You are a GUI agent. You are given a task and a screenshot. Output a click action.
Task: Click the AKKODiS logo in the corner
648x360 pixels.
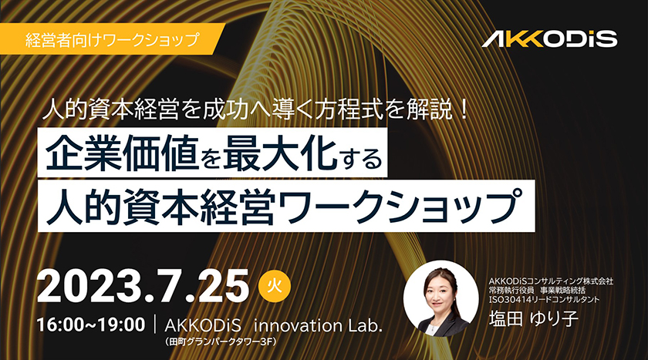coord(549,39)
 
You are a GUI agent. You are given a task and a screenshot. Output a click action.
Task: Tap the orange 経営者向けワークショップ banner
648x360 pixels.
coord(112,39)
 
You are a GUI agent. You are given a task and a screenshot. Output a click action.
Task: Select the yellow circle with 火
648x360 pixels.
coord(275,285)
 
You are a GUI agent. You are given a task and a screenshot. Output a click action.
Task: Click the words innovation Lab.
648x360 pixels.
coord(317,326)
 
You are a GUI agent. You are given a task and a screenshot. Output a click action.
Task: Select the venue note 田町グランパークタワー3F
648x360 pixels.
coord(221,342)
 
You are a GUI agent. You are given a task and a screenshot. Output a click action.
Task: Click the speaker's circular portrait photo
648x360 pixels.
coord(441,298)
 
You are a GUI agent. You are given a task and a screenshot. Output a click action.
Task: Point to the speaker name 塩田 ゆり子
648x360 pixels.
coord(534,318)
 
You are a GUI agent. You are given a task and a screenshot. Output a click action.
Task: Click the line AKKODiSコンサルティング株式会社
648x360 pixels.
coord(551,281)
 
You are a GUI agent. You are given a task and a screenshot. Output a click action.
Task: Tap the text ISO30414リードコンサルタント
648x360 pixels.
coord(544,299)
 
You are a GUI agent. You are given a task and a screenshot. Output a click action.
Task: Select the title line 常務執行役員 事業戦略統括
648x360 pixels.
coord(537,290)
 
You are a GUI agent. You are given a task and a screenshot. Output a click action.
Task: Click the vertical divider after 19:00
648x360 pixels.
coord(155,325)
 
